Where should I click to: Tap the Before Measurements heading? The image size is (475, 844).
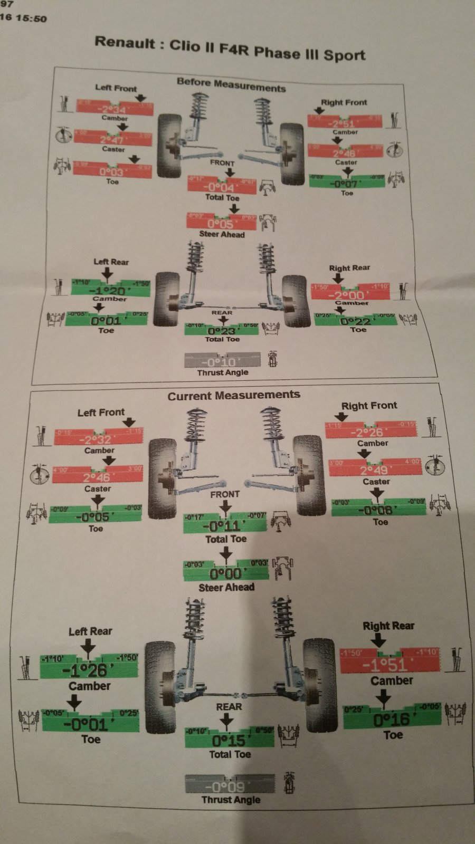pos(231,84)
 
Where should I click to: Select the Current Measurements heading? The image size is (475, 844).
pos(234,395)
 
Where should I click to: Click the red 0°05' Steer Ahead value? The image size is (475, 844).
pos(221,223)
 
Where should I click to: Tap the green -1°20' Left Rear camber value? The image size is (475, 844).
pos(108,291)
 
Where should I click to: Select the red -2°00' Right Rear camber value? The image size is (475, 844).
pos(350,295)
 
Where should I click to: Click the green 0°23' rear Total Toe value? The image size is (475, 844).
pos(221,331)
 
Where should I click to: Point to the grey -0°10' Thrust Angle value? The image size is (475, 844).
pos(222,362)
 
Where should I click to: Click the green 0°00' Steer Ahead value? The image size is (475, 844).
pos(225,573)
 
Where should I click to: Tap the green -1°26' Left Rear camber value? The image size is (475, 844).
pos(88,671)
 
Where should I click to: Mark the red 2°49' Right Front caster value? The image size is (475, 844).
pos(375,470)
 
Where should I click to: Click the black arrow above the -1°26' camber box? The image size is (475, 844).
pos(89,647)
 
